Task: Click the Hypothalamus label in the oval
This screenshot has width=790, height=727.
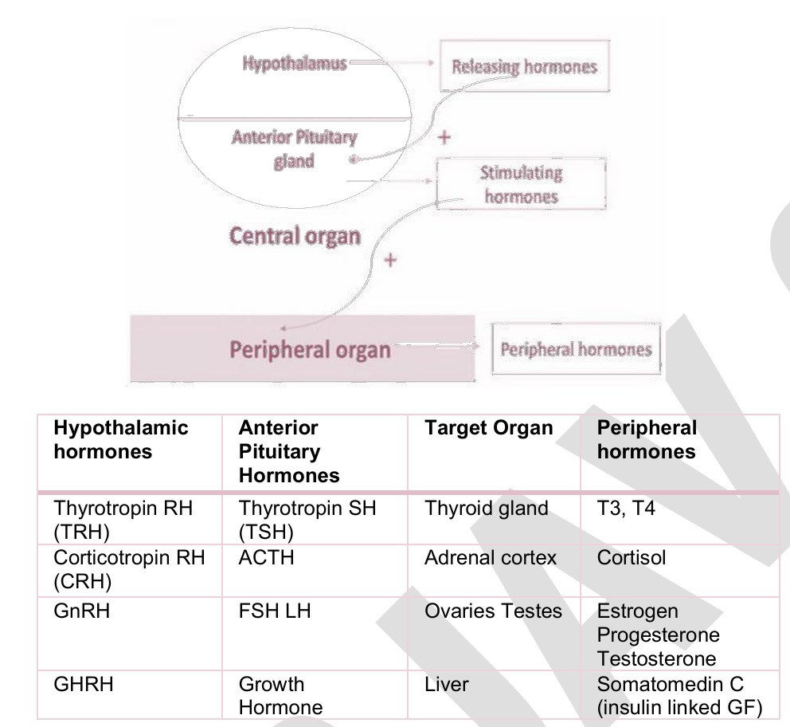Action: click(295, 64)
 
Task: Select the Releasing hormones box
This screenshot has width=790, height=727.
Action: click(525, 66)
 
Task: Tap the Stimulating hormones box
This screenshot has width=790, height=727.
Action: click(521, 184)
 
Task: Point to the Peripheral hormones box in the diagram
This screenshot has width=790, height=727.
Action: click(576, 349)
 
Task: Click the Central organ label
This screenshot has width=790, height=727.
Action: click(295, 236)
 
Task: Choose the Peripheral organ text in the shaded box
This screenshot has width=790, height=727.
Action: click(310, 349)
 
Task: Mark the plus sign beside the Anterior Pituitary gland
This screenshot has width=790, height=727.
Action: click(444, 137)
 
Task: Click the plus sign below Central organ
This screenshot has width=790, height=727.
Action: click(390, 261)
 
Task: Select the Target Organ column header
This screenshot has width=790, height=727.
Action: click(489, 427)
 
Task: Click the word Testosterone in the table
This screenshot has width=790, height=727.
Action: click(656, 658)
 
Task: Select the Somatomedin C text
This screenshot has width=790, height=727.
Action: click(670, 684)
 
